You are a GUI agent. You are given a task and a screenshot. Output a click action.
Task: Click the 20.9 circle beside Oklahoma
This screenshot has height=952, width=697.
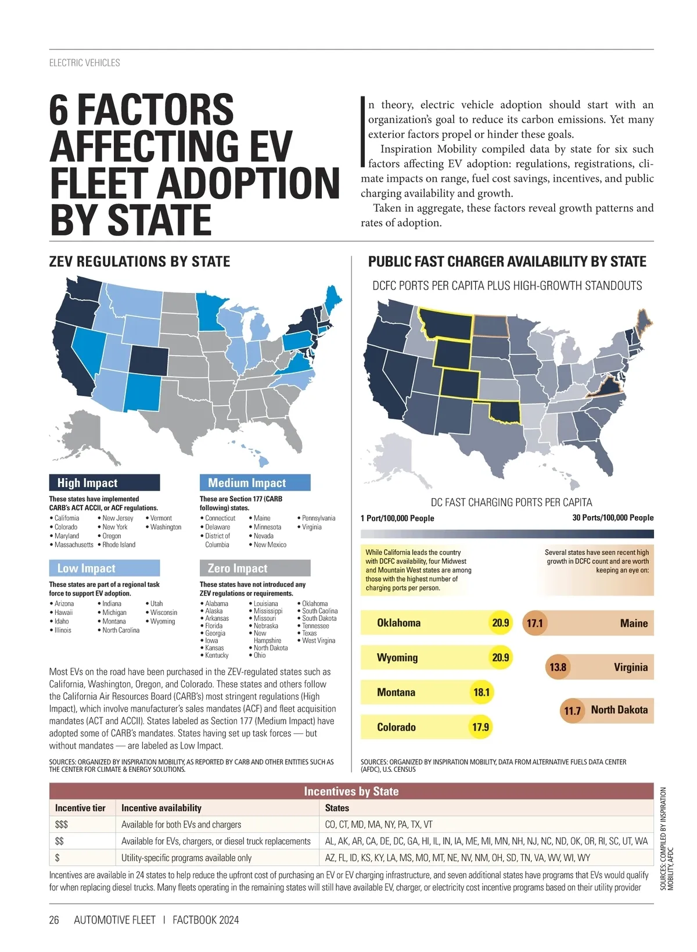(500, 623)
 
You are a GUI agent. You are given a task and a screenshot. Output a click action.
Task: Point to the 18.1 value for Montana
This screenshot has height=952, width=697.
(482, 692)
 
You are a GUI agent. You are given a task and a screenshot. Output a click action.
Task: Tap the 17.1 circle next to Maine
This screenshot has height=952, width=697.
(534, 624)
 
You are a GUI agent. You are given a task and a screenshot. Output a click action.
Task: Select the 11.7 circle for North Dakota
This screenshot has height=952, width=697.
(572, 711)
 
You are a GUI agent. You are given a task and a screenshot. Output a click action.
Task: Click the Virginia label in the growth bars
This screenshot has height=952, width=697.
(630, 667)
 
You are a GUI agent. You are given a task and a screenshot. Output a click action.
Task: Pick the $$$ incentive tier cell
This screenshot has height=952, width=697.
(62, 825)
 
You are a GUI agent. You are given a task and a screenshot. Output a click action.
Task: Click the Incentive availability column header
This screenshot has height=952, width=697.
(161, 808)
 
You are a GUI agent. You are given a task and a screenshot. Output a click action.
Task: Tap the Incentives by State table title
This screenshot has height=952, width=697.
(351, 792)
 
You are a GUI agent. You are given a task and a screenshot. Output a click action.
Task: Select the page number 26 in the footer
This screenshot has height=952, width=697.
(54, 920)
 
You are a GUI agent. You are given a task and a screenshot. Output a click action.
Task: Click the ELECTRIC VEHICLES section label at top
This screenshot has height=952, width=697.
(85, 63)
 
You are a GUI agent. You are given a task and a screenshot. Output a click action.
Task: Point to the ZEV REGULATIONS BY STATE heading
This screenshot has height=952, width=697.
(139, 262)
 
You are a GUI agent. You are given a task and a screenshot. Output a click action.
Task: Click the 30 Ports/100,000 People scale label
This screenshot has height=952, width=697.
(613, 518)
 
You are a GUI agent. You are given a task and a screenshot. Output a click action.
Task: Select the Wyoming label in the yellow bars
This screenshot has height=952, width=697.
(397, 658)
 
